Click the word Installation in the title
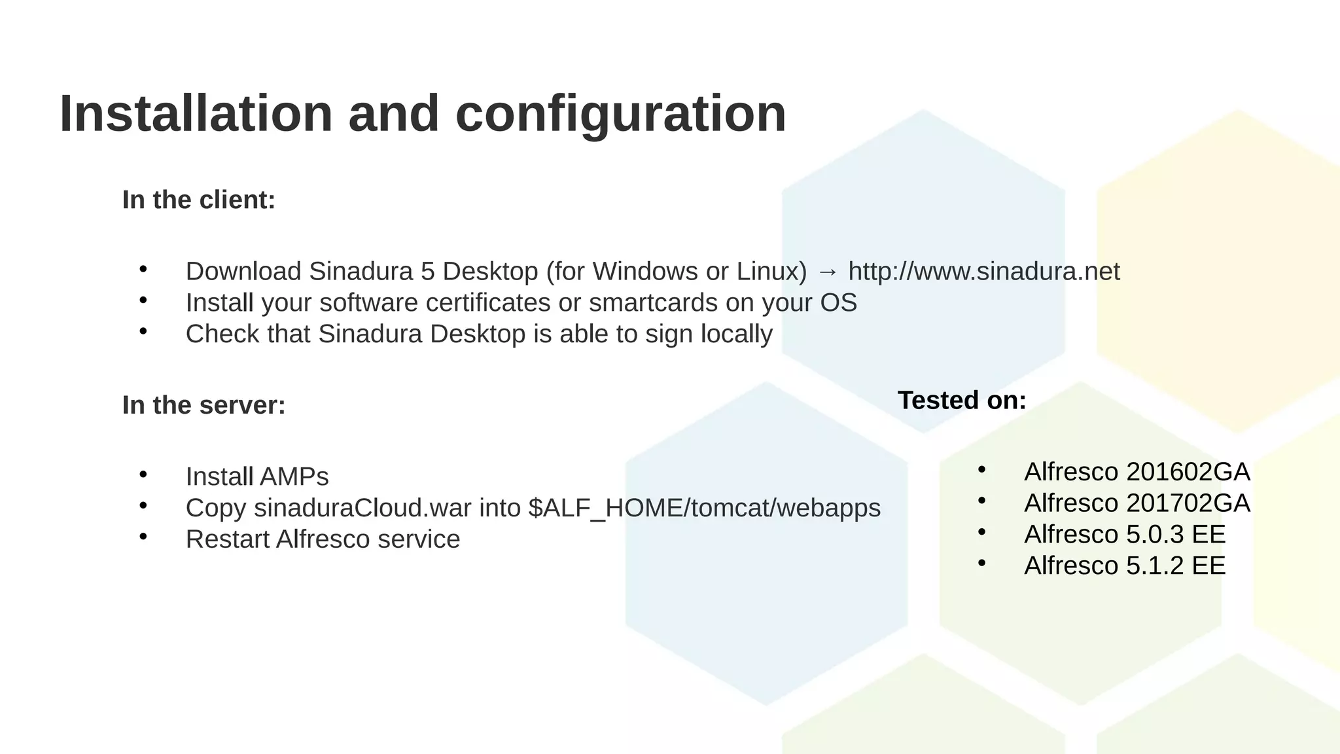click(196, 114)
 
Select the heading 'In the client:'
click(199, 200)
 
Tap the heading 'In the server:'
click(203, 405)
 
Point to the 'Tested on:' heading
click(962, 400)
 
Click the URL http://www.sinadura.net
click(984, 272)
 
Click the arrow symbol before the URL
click(828, 272)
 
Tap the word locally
click(737, 334)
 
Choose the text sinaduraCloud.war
click(362, 508)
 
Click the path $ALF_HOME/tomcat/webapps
click(704, 508)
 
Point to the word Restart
click(227, 539)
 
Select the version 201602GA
click(1188, 472)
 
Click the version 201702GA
click(1188, 503)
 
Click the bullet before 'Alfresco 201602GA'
click(981, 469)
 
